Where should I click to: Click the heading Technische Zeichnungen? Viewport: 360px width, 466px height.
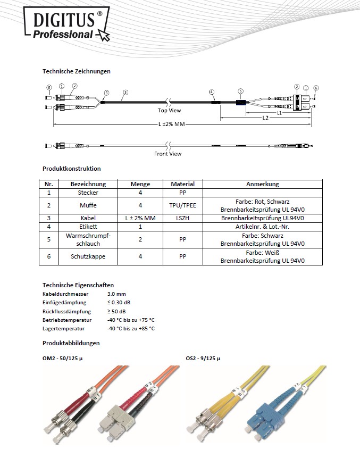[x=76, y=71]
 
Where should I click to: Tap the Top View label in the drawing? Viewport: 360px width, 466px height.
[x=169, y=111]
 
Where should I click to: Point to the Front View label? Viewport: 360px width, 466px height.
[x=168, y=154]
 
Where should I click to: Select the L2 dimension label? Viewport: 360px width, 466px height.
[x=265, y=118]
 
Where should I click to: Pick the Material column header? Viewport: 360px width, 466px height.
[x=182, y=184]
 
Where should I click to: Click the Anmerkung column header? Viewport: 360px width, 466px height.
[x=262, y=184]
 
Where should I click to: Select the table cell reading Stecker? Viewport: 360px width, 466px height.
[x=88, y=193]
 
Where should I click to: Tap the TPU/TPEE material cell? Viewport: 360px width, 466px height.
[x=182, y=205]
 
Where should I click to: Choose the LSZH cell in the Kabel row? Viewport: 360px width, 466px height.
[x=182, y=218]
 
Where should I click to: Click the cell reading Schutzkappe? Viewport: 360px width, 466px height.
[x=88, y=256]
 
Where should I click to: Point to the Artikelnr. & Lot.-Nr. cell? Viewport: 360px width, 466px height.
[x=262, y=227]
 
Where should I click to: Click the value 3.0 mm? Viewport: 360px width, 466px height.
[x=116, y=294]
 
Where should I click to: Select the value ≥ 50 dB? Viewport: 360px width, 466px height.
[x=117, y=311]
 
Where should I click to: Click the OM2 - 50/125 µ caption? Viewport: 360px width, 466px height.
[x=63, y=359]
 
